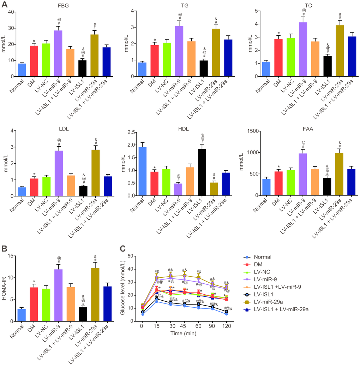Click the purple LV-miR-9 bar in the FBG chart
[x=58, y=53]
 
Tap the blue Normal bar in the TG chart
[x=143, y=69]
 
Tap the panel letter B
[x=4, y=249]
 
